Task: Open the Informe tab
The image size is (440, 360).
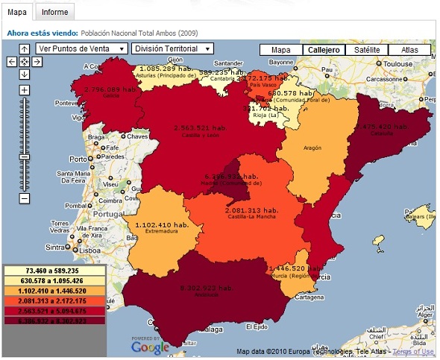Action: (54, 12)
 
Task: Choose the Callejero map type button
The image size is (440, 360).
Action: (323, 50)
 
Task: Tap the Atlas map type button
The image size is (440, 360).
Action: (409, 50)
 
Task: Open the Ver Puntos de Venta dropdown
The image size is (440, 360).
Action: (81, 48)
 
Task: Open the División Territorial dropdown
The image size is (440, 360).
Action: (172, 48)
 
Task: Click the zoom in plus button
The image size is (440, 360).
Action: (25, 90)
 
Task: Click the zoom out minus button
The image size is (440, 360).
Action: (25, 198)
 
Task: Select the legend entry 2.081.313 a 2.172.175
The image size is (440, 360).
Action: (55, 300)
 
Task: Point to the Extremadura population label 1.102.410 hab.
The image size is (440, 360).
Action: (160, 224)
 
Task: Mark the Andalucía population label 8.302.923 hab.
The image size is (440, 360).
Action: (198, 288)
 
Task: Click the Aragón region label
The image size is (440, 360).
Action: (312, 148)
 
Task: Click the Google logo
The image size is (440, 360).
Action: (150, 347)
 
